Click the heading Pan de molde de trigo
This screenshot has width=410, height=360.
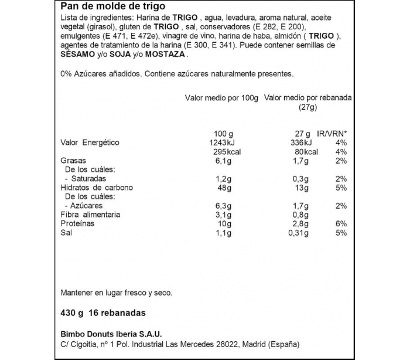[108, 7]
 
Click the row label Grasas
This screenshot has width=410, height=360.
[73, 161]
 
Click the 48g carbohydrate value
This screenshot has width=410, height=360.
[225, 188]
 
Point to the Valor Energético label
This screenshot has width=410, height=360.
[90, 142]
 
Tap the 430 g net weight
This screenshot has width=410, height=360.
[72, 313]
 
